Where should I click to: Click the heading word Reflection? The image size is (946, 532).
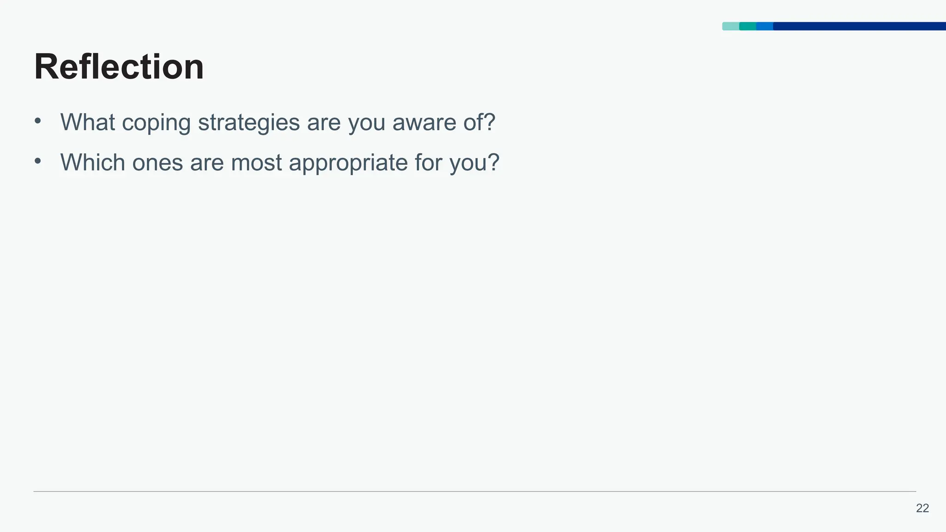[119, 67]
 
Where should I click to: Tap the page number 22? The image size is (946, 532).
[922, 508]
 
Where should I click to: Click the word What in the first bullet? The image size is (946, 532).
[87, 122]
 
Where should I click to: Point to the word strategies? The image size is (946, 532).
[249, 123]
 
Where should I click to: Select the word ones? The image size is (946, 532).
[158, 163]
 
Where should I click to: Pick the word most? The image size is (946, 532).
[256, 163]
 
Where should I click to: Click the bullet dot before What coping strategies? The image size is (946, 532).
[38, 121]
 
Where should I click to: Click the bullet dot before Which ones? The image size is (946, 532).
[38, 162]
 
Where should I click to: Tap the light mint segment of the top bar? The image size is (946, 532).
[730, 26]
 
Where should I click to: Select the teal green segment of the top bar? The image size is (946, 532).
[747, 26]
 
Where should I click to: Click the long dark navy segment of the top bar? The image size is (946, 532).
[859, 26]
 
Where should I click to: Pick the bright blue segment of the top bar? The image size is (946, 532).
[764, 26]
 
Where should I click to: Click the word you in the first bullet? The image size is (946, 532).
[366, 123]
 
